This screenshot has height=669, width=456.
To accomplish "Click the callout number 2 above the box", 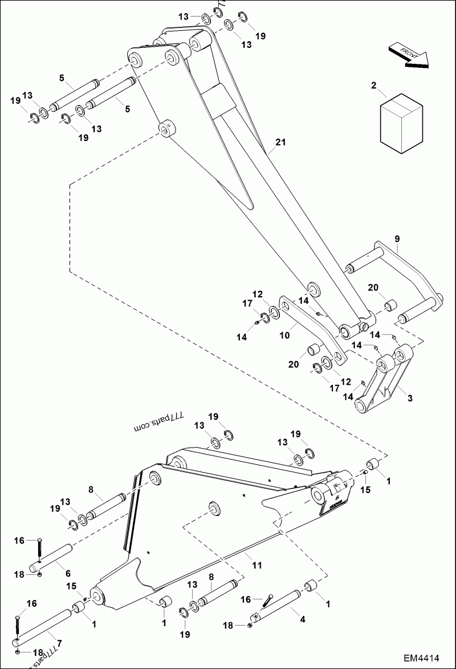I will [x=373, y=86].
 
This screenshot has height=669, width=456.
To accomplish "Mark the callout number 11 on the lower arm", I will [x=257, y=565].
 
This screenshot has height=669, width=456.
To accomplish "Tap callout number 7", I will [x=60, y=643].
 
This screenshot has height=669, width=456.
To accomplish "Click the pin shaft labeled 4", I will [x=279, y=604].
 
